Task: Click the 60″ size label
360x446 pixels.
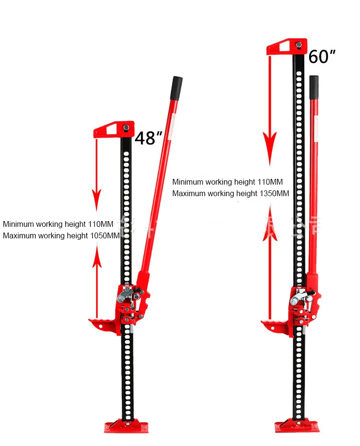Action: [322, 57]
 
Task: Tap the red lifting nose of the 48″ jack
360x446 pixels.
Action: [103, 324]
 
